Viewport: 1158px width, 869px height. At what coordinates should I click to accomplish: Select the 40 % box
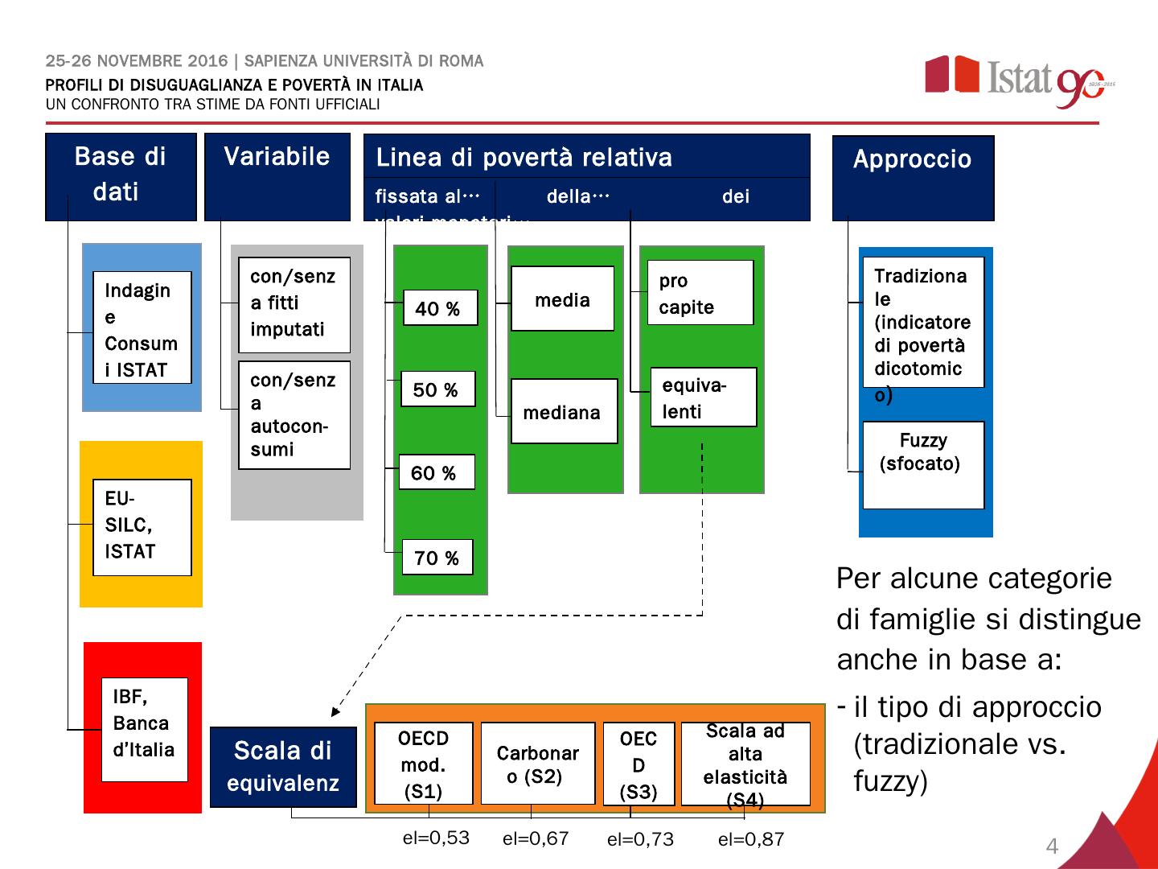(439, 308)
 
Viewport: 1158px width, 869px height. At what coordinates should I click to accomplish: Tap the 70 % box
(437, 557)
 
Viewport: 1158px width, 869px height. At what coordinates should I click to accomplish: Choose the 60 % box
(437, 472)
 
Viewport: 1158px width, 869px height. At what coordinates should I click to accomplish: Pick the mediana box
(564, 411)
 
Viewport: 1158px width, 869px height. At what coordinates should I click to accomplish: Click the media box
(562, 299)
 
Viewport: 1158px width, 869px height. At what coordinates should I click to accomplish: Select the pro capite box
(700, 293)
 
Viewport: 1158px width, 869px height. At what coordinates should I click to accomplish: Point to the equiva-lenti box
(704, 397)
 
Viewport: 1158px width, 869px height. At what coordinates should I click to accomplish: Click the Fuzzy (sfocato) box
(922, 464)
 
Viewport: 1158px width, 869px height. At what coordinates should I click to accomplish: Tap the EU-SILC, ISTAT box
(142, 527)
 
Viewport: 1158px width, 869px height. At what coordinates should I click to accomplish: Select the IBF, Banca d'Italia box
(144, 729)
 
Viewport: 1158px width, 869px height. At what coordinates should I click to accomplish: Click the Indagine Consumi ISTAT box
(142, 328)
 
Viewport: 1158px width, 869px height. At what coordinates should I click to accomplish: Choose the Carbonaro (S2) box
(537, 763)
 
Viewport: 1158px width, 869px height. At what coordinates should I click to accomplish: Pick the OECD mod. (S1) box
(423, 763)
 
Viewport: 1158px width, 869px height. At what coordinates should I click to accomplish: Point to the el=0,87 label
(750, 840)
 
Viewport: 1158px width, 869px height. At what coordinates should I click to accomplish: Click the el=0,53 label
(436, 838)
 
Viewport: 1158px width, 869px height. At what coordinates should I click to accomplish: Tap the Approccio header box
(913, 178)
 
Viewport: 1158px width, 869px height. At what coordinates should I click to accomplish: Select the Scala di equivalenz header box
(282, 766)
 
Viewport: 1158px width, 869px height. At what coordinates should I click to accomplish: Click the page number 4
(1052, 846)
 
